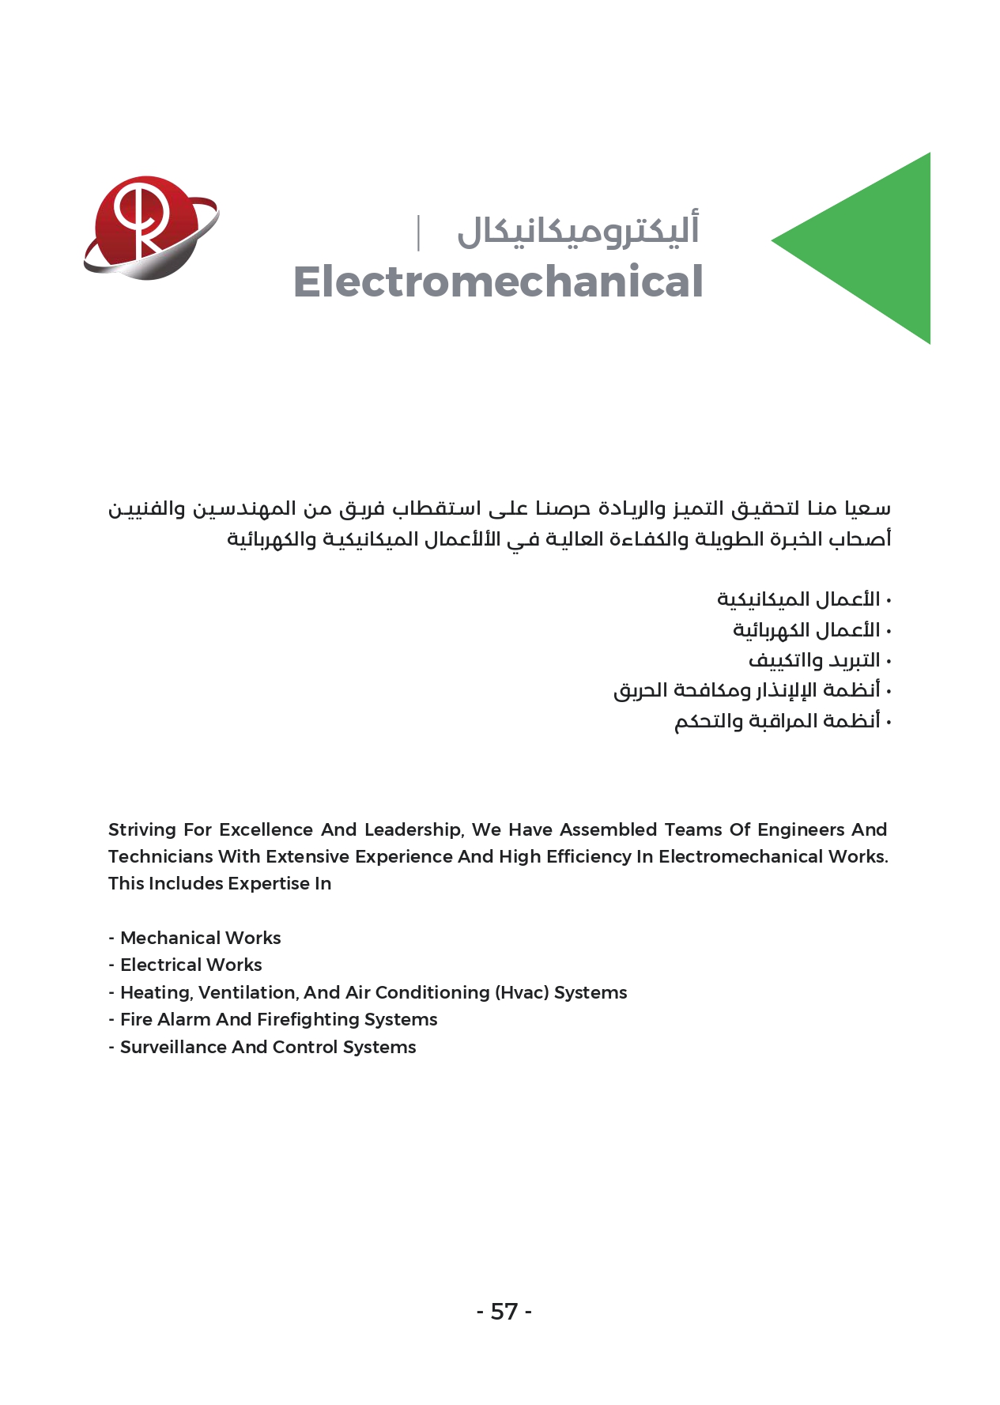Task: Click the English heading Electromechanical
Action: click(498, 282)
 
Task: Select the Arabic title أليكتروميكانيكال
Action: click(578, 231)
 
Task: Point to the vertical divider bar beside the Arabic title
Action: click(418, 232)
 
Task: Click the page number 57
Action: click(504, 1312)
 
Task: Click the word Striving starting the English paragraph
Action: click(142, 829)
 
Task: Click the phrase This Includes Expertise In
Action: click(220, 883)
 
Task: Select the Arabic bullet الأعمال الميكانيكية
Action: click(798, 599)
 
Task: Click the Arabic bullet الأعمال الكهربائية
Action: click(806, 630)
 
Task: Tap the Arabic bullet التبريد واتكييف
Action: click(814, 660)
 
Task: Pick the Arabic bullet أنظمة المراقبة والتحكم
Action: click(777, 721)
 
